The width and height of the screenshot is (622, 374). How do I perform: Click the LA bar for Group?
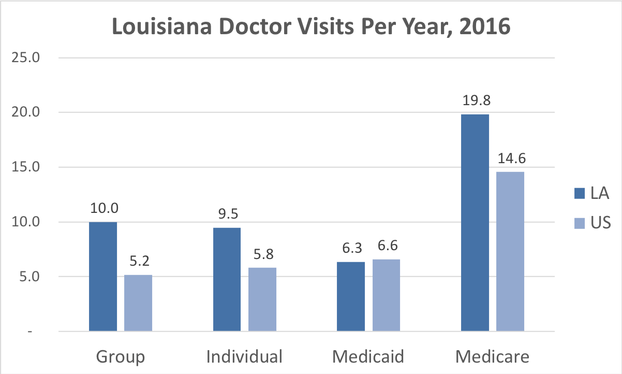click(103, 276)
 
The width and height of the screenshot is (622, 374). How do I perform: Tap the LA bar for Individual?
click(227, 279)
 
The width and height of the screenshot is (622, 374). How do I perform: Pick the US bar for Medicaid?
click(386, 295)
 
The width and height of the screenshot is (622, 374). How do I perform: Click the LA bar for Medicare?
click(475, 222)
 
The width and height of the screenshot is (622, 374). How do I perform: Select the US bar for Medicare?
click(510, 251)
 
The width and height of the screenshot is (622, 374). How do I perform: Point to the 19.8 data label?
click(475, 100)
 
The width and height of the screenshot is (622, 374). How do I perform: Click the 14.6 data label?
click(510, 158)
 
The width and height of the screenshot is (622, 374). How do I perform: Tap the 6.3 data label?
click(351, 248)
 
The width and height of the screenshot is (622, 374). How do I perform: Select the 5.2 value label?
click(138, 262)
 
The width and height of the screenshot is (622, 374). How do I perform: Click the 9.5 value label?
click(227, 214)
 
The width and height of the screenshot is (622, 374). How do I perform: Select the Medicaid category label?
click(368, 357)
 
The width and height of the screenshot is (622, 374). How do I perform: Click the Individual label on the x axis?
click(244, 357)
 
